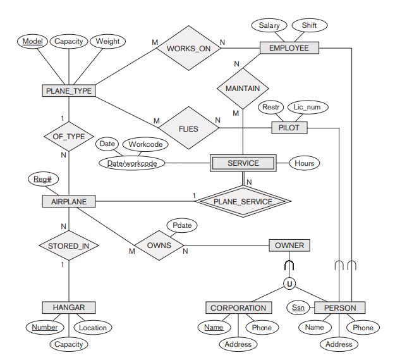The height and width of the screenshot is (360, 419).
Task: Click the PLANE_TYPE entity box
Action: click(x=69, y=91)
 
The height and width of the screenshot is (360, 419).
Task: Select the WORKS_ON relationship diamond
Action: click(x=188, y=48)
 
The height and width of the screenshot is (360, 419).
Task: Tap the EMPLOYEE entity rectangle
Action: click(x=289, y=48)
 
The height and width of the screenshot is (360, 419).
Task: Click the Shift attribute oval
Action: click(x=310, y=25)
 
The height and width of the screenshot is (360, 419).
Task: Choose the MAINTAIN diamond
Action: click(x=243, y=89)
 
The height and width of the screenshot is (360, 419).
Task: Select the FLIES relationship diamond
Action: click(x=188, y=128)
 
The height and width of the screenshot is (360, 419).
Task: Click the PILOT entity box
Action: click(x=289, y=128)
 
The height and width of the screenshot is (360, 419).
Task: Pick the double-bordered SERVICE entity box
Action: click(x=243, y=163)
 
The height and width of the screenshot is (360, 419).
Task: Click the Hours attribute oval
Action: click(x=304, y=163)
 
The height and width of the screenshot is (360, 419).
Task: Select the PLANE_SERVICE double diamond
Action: click(x=243, y=202)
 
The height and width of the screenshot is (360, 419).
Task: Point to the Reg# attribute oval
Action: click(x=42, y=180)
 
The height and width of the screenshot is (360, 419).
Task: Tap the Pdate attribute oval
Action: click(x=182, y=225)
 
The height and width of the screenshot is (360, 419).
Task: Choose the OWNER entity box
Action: click(x=289, y=245)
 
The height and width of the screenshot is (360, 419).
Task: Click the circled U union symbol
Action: click(x=289, y=284)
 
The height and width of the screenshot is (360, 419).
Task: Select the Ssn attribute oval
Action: click(x=298, y=308)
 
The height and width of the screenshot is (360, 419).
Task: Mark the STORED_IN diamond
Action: click(x=69, y=245)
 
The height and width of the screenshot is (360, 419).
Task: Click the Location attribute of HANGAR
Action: click(x=93, y=328)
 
